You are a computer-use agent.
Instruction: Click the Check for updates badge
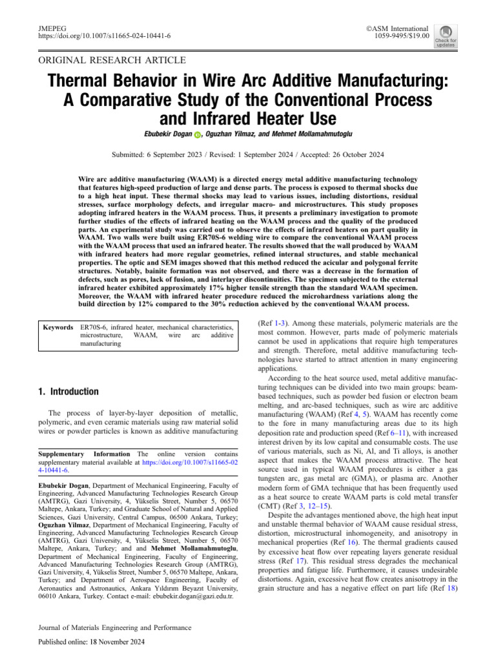click(x=445, y=36)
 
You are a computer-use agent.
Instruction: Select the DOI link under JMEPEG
click(x=101, y=37)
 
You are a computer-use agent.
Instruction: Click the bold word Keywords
click(x=57, y=328)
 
